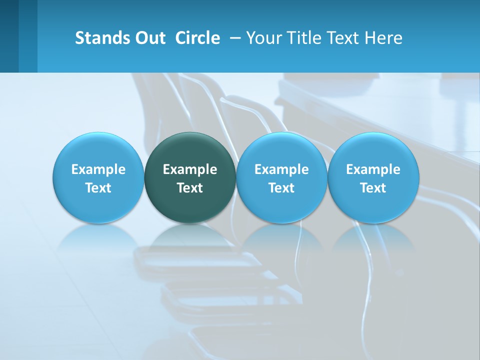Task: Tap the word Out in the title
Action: (149, 38)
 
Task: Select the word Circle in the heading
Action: (197, 38)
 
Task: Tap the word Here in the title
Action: (383, 38)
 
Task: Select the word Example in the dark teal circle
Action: (190, 169)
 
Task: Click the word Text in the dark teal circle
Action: (190, 188)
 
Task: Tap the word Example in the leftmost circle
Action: (98, 169)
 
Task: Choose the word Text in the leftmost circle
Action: (98, 188)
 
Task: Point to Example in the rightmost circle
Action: (373, 169)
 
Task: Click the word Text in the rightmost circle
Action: (373, 188)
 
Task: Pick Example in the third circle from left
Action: (281, 169)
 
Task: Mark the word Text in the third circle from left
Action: (281, 188)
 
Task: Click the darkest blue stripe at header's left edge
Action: (9, 36)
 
